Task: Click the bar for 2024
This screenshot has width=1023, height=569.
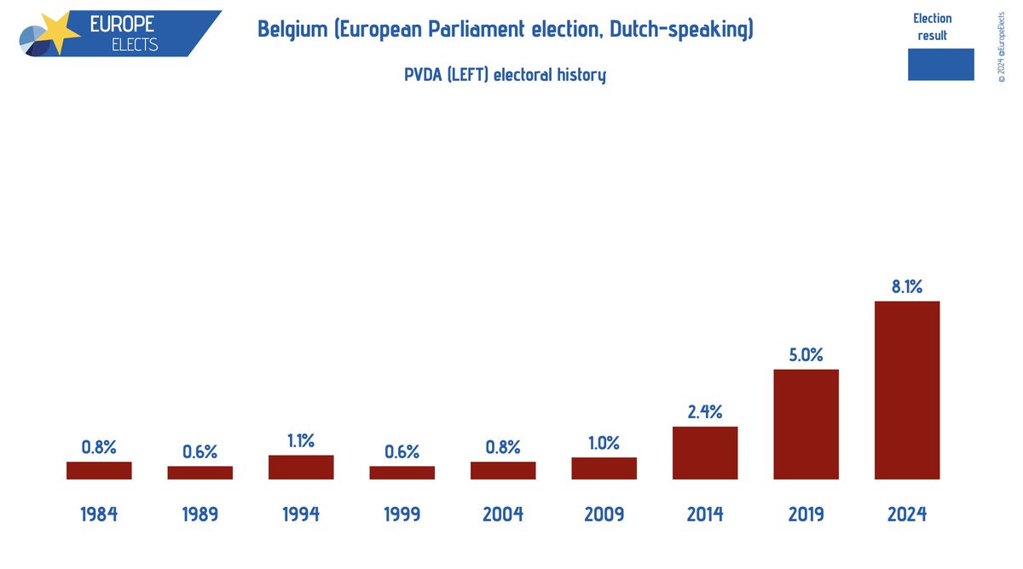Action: pyautogui.click(x=907, y=390)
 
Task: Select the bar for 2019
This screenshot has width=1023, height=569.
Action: pyautogui.click(x=806, y=424)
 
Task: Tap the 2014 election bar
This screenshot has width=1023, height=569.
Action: pyautogui.click(x=705, y=452)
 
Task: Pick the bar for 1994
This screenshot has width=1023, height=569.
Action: pyautogui.click(x=301, y=467)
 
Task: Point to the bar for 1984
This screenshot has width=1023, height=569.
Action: pyautogui.click(x=99, y=470)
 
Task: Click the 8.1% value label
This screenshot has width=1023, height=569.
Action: pyautogui.click(x=907, y=287)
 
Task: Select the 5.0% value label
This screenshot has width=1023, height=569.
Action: pyautogui.click(x=806, y=355)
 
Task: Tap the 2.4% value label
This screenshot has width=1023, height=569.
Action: pyautogui.click(x=705, y=412)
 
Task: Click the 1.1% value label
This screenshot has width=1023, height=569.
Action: pyautogui.click(x=301, y=440)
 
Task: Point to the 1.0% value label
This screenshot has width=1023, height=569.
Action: pyautogui.click(x=604, y=443)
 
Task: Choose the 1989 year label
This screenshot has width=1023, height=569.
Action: pyautogui.click(x=199, y=514)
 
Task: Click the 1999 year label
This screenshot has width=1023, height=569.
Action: pyautogui.click(x=402, y=514)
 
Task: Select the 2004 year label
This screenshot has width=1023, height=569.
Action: pyautogui.click(x=503, y=514)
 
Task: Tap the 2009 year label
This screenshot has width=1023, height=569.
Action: pyautogui.click(x=604, y=514)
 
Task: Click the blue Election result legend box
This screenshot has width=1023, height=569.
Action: pyautogui.click(x=940, y=65)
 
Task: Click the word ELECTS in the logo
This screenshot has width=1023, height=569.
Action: pyautogui.click(x=135, y=43)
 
